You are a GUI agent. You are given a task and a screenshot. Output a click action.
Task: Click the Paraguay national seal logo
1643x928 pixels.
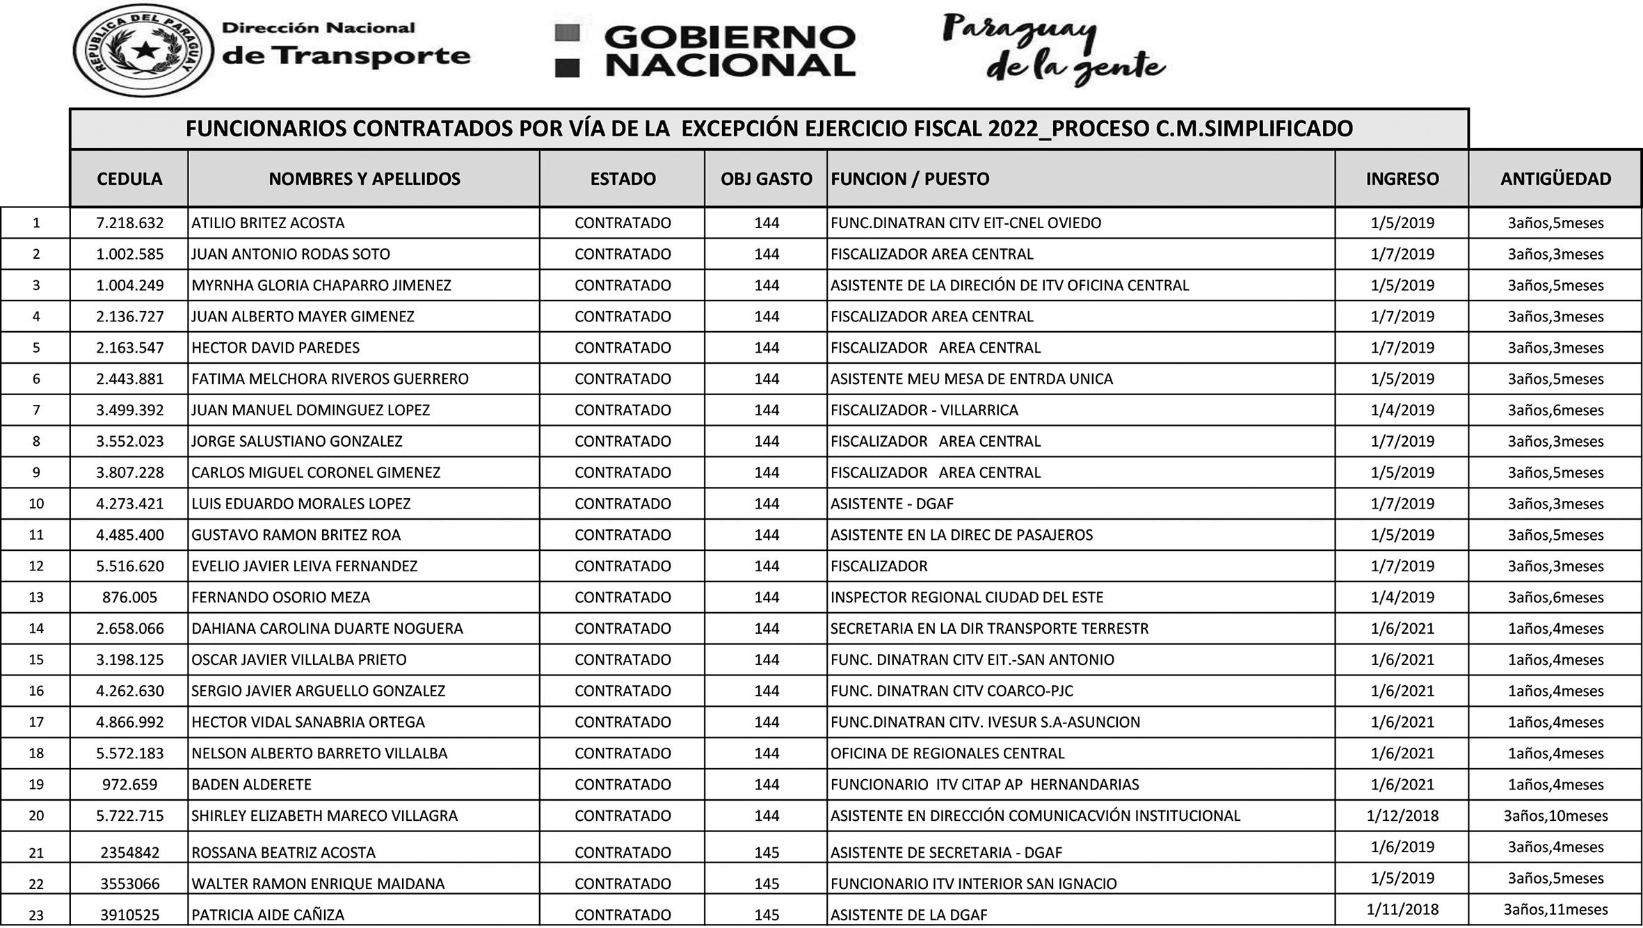tap(143, 50)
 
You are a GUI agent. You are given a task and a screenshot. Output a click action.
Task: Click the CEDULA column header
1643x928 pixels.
tap(129, 179)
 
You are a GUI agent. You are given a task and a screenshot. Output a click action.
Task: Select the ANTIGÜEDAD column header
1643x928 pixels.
tap(1555, 179)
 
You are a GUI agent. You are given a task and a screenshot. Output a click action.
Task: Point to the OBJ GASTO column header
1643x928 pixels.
tap(766, 179)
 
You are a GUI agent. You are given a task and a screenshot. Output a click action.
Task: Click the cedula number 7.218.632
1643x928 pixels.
tap(130, 223)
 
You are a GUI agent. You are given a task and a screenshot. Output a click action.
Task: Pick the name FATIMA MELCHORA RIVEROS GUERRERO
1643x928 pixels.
tap(330, 379)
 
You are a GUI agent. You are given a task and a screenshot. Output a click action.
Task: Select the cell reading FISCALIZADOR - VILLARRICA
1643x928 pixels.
tap(924, 410)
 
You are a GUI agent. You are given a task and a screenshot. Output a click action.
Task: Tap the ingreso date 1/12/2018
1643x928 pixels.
tap(1402, 816)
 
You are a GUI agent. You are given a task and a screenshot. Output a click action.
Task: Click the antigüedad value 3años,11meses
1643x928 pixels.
tap(1555, 909)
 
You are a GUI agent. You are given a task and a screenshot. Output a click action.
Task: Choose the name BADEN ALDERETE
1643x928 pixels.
tap(251, 785)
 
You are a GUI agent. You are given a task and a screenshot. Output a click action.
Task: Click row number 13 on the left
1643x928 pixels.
tap(36, 598)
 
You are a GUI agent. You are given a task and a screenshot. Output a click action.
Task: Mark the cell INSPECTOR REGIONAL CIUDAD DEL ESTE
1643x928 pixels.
tap(966, 598)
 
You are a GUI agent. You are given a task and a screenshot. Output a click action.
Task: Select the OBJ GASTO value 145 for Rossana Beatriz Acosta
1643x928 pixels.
tap(766, 853)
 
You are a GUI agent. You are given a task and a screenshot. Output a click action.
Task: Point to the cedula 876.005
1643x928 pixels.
tap(130, 598)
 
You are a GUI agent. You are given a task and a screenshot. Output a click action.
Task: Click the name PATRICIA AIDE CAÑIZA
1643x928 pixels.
tap(268, 915)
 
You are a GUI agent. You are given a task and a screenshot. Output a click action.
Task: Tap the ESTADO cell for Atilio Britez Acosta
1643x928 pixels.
tap(623, 223)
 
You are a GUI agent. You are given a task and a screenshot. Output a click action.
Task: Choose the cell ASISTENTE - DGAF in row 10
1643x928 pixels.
tap(892, 504)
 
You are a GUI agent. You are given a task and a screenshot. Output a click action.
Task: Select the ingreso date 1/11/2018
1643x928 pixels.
tap(1402, 909)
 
